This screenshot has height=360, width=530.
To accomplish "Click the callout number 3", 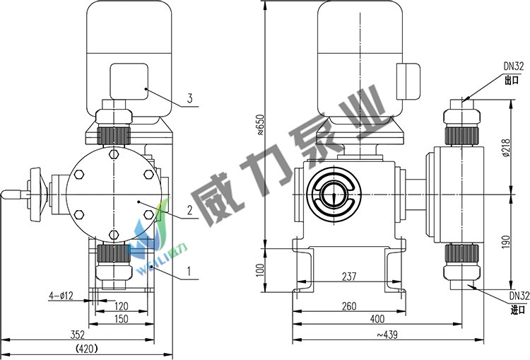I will pyautogui.click(x=189, y=98).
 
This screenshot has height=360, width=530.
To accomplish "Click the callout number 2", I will pyautogui.click(x=189, y=209).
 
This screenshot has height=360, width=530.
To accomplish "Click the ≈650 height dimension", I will pyautogui.click(x=259, y=124).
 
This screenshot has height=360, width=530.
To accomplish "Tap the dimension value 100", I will pyautogui.click(x=259, y=269).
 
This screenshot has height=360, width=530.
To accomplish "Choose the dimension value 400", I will pyautogui.click(x=378, y=320).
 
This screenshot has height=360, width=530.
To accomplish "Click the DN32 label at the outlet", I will pyautogui.click(x=514, y=66).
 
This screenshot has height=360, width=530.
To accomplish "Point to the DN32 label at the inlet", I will pyautogui.click(x=519, y=295).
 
